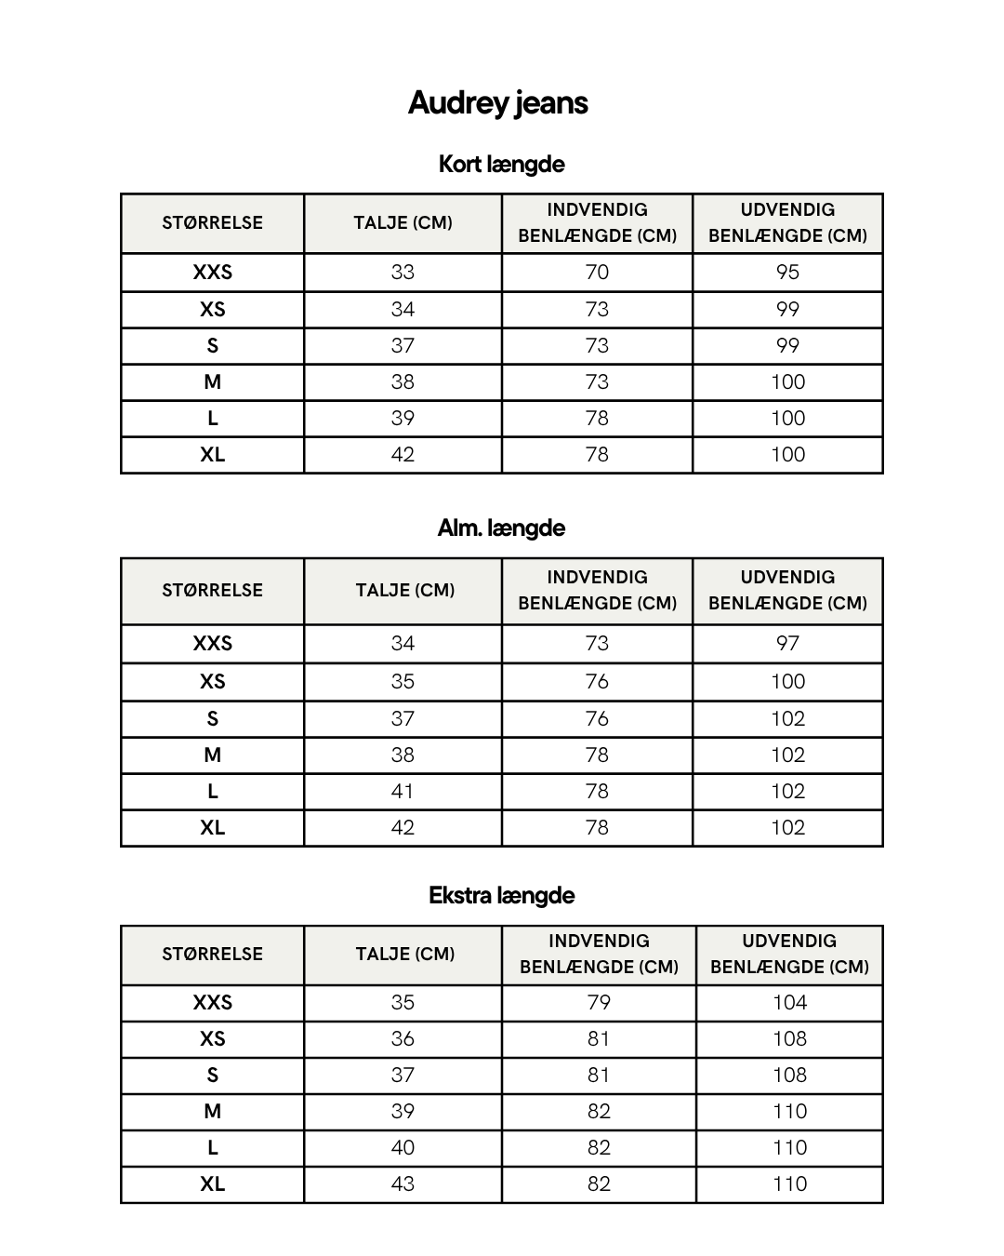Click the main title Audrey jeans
(497, 102)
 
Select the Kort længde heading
(501, 164)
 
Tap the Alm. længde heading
(501, 528)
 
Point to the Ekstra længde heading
(501, 895)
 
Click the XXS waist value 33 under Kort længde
(403, 273)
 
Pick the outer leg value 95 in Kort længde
(787, 273)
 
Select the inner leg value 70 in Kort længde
(597, 273)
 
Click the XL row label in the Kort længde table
(212, 455)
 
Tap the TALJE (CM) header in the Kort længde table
(403, 222)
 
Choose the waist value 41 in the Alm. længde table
(403, 791)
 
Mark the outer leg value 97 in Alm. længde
(787, 643)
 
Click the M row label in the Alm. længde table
(212, 755)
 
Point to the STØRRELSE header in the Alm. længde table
(212, 590)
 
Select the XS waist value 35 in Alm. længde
(403, 681)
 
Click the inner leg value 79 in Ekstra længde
(599, 1002)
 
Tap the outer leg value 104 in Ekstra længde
(789, 1002)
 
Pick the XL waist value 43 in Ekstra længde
(403, 1183)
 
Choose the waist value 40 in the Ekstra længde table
(403, 1147)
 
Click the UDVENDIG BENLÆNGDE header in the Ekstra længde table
(789, 954)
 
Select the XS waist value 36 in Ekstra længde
(403, 1038)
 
